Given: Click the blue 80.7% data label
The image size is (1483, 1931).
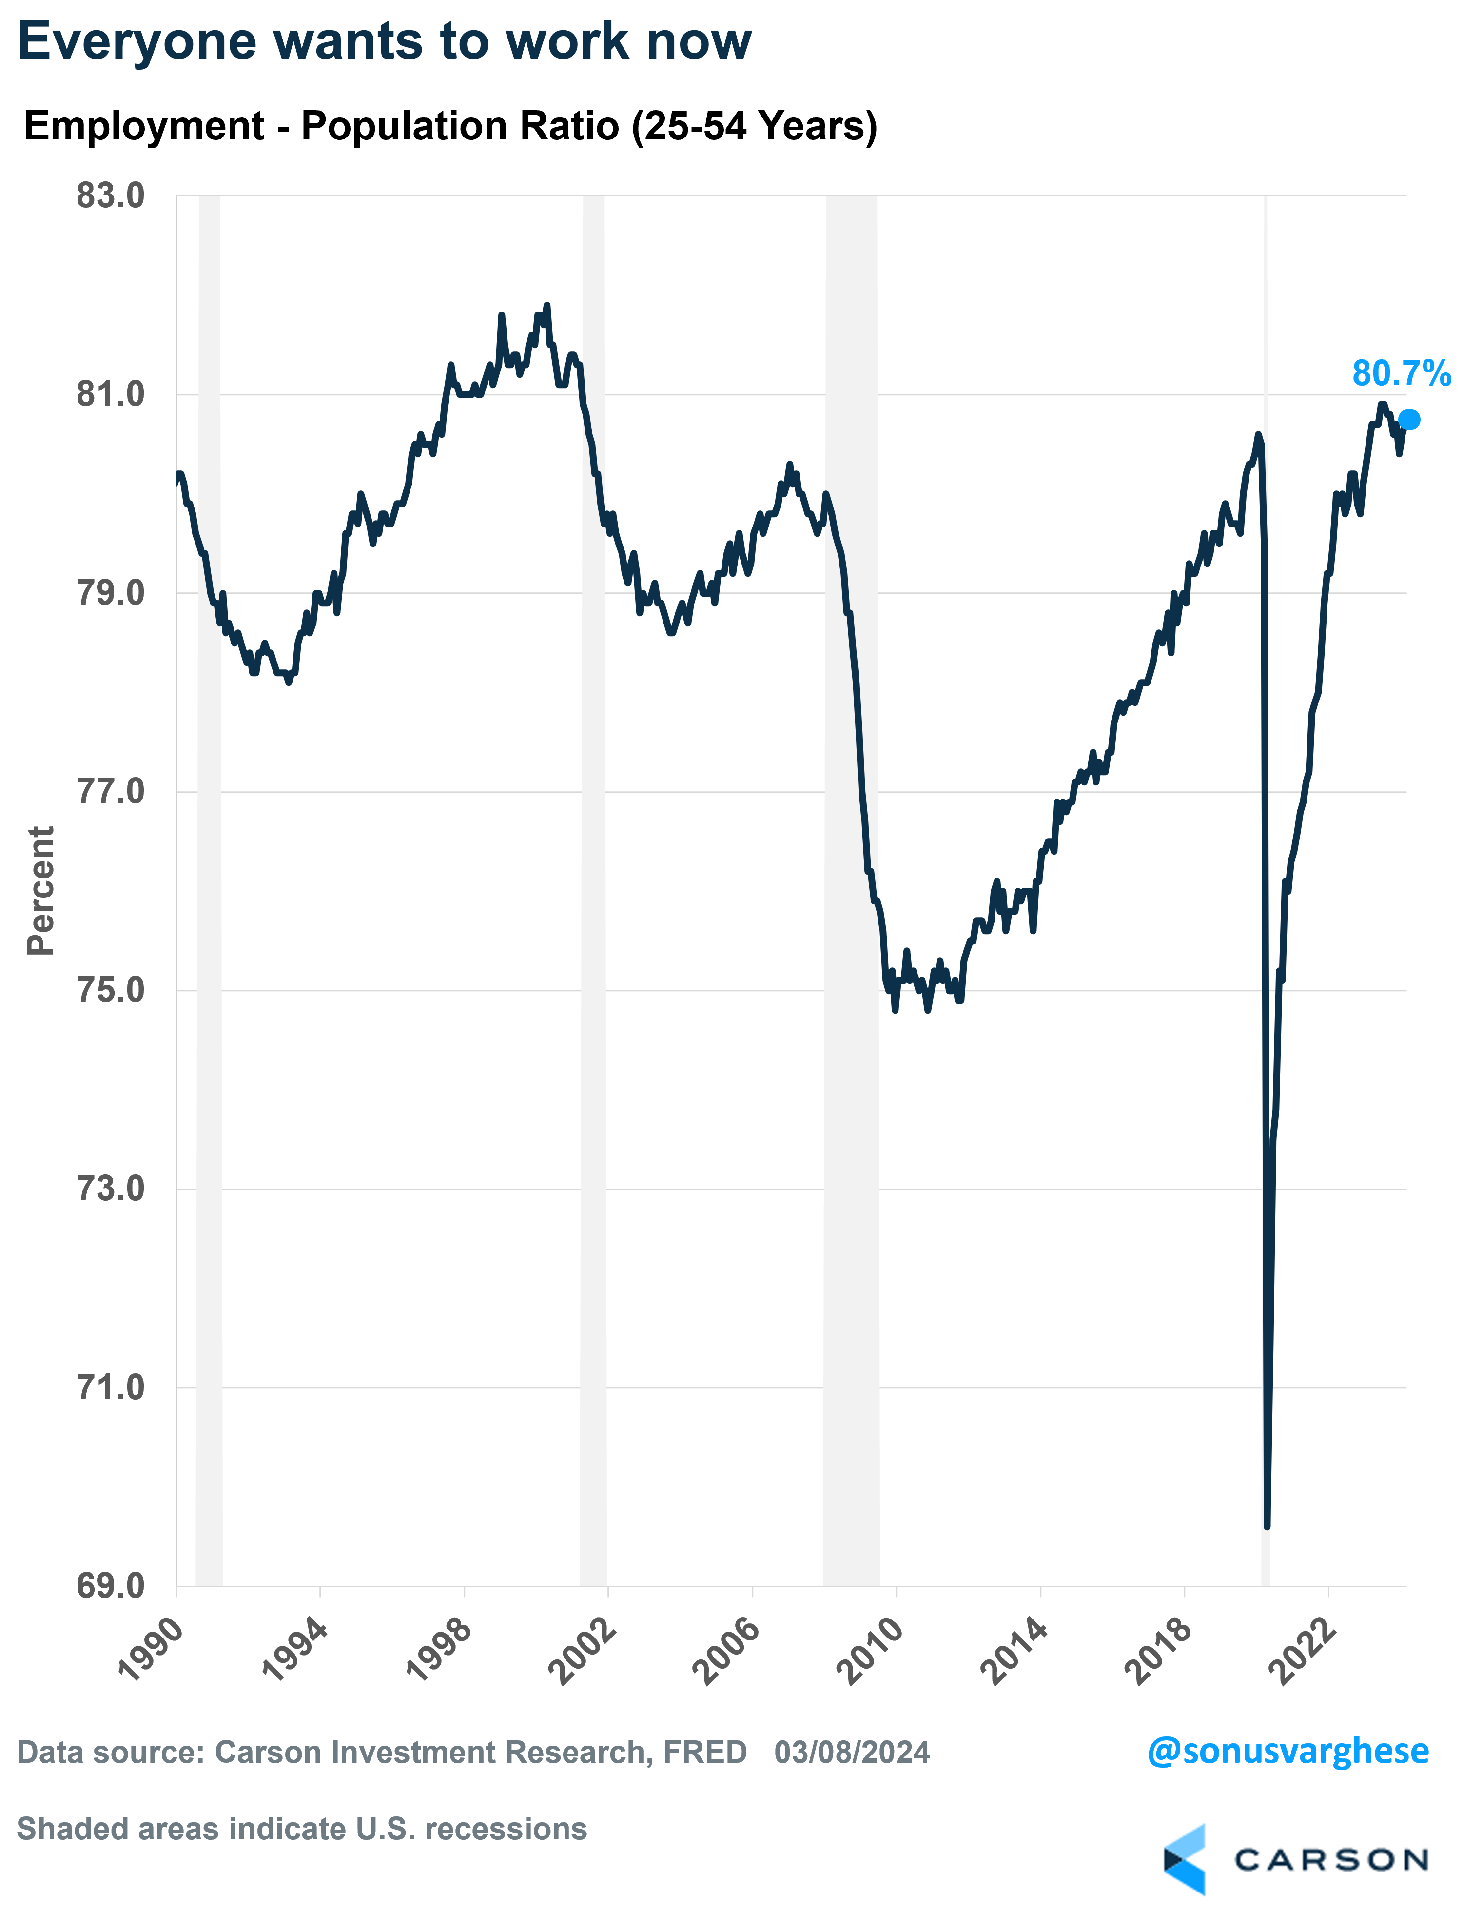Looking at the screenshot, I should tap(1401, 374).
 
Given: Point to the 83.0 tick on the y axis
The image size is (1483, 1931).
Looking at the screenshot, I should tap(110, 196).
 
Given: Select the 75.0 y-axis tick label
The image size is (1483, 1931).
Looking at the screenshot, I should tap(110, 990).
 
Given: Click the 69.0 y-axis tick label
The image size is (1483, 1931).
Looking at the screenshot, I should tap(110, 1586).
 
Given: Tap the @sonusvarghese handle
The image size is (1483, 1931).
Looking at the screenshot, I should tap(1287, 1751).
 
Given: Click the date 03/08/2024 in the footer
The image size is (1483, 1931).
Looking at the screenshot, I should tap(852, 1752).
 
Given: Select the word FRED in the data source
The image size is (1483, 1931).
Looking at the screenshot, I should tap(704, 1752).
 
